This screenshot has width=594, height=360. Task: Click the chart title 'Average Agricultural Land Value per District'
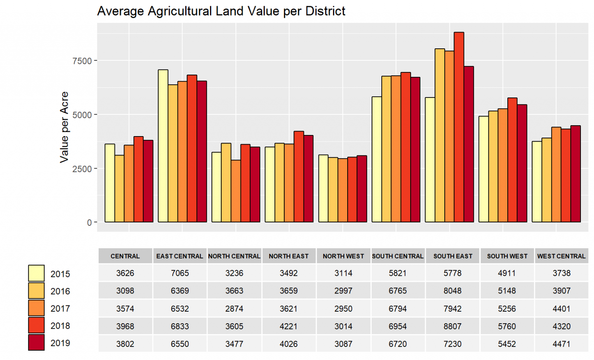point(221,11)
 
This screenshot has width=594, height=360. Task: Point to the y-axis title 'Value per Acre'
point(64,127)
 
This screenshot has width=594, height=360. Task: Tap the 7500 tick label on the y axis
point(82,61)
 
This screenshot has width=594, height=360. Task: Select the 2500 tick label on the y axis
point(82,169)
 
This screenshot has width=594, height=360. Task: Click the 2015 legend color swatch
point(36,273)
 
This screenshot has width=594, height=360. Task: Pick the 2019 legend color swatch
point(36,343)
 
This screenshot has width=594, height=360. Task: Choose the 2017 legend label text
point(60,309)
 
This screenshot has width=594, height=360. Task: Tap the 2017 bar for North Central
point(236,191)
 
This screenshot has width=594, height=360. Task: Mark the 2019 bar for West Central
point(575,174)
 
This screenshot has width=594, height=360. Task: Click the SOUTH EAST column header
point(452,256)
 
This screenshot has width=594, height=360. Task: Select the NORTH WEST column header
point(343,256)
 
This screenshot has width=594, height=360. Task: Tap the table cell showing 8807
point(452,326)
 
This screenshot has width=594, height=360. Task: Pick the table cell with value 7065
point(180,273)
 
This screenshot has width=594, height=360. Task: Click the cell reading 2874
point(234,309)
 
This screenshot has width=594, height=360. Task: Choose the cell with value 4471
point(562,344)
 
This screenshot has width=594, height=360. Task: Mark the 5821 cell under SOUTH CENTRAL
point(398,273)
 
